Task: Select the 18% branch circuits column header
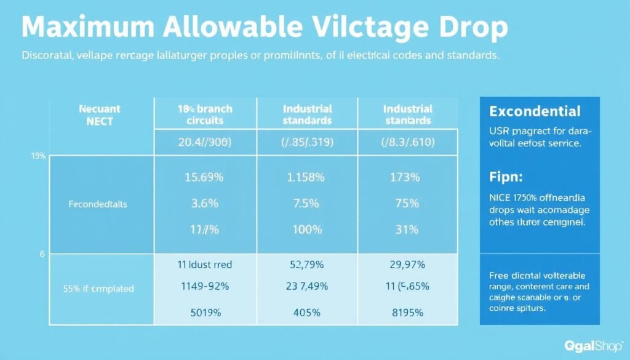[204, 114]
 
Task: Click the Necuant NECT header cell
[95, 114]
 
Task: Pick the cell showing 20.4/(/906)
[204, 142]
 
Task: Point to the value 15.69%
[205, 177]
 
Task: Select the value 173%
[405, 177]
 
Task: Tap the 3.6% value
[205, 204]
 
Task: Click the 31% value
[405, 230]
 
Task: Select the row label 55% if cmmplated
[98, 288]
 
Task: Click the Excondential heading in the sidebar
[535, 111]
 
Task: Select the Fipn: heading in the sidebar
[506, 177]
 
